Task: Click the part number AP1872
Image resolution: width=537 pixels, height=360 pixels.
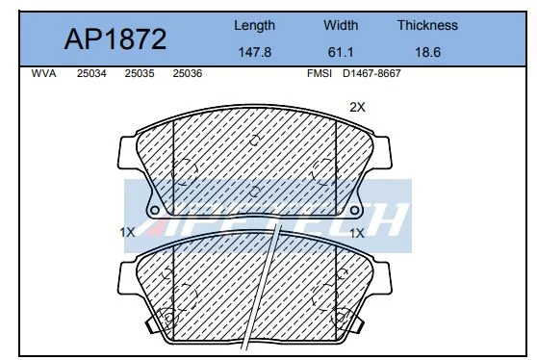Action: coord(115,39)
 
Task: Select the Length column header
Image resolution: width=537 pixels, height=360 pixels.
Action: coord(254,26)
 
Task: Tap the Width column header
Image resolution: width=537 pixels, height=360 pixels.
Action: coord(341,26)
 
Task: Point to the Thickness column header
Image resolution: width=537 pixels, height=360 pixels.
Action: coord(427,26)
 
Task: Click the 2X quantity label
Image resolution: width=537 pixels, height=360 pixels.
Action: coord(357,108)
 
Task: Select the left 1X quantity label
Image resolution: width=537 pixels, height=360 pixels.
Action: coord(127,232)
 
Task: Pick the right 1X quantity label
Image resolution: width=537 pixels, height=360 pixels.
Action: coord(357,232)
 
